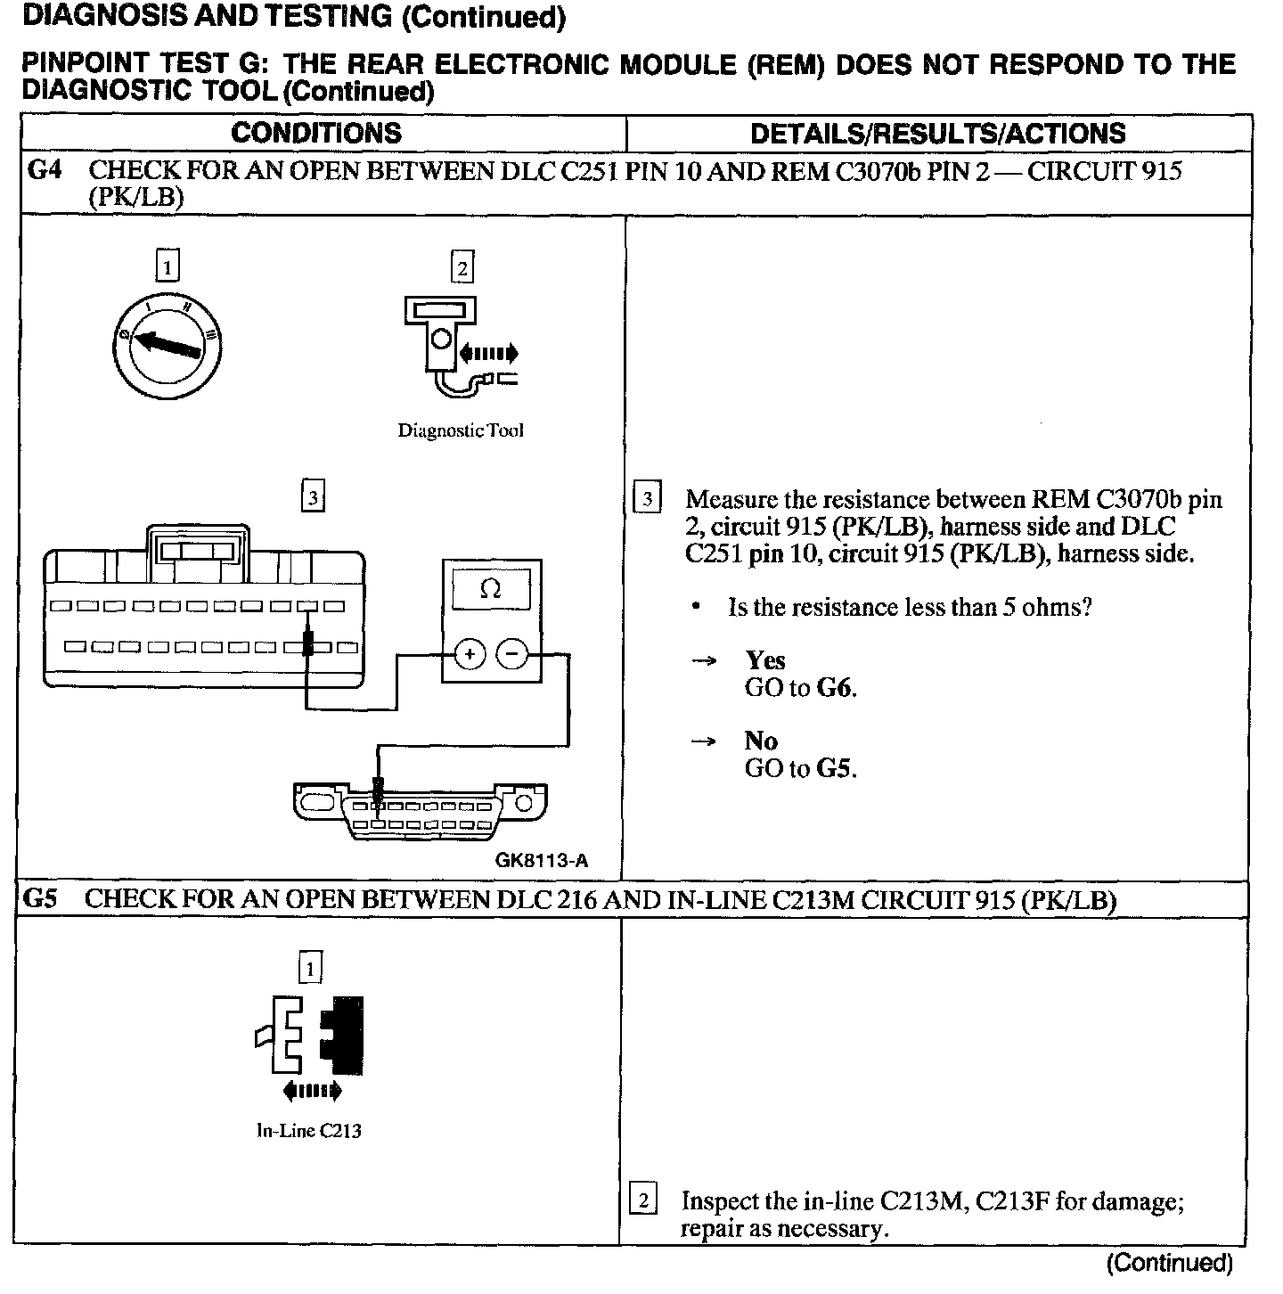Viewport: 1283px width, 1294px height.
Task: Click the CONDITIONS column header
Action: coord(316,134)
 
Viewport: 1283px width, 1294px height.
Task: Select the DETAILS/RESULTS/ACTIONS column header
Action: coord(938,134)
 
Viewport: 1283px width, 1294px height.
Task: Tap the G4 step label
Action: coord(45,170)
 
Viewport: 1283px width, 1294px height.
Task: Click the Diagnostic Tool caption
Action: coord(461,431)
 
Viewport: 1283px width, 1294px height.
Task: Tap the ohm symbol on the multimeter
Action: coord(490,589)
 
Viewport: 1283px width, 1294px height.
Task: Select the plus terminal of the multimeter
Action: coord(470,655)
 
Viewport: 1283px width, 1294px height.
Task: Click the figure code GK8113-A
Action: coord(542,861)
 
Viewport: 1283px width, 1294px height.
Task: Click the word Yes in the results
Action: coord(765,660)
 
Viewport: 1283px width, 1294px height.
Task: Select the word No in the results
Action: coord(761,741)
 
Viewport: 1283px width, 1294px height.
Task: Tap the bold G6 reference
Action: coord(835,688)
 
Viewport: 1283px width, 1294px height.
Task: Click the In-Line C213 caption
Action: coord(309,1131)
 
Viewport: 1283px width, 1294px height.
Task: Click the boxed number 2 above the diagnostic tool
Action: coord(462,267)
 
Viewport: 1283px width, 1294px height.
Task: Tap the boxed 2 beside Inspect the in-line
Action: coord(643,1200)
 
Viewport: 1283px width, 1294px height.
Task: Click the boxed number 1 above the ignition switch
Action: coord(167,266)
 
